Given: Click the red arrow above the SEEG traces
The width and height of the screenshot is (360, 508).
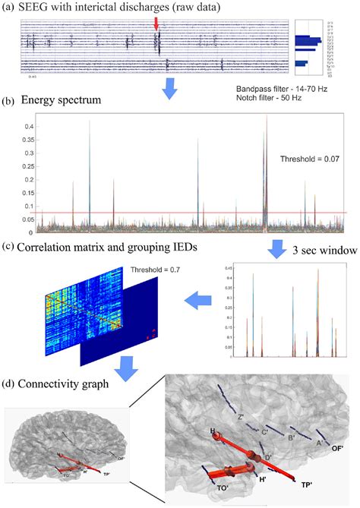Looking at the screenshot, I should coord(156,24).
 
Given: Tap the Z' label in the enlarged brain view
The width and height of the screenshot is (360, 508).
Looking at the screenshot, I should coord(239,416).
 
